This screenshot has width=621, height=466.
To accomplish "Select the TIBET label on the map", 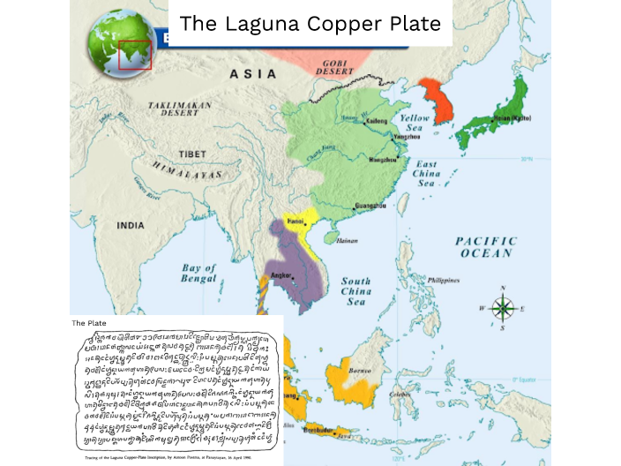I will pos(193,154).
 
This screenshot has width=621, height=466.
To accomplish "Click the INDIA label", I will pos(130,226).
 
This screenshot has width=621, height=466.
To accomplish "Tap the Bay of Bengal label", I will pos(198,273).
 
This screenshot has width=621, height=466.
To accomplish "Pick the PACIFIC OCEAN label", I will pos(483,247).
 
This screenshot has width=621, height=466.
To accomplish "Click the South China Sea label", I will pos(355,291).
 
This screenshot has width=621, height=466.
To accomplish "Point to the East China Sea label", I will pos(427,175).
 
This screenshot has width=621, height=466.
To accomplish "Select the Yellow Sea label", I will pos(415,123).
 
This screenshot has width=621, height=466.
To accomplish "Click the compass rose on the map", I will pos(503,308).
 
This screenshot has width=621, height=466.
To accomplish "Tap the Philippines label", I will pos(443,280).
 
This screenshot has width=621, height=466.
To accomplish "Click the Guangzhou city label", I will pos(370,206).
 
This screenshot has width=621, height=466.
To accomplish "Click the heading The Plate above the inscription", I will pos(89,323).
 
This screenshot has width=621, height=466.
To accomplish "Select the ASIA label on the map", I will pos(253,74).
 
